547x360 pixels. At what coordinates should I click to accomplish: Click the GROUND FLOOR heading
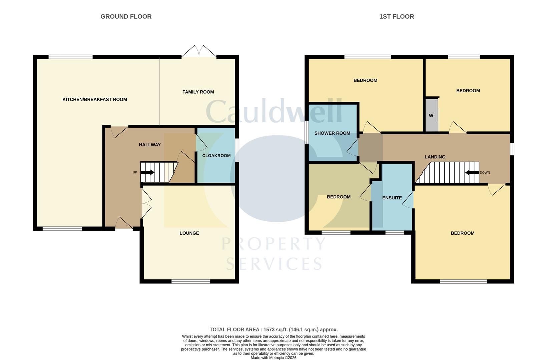[x=126, y=17]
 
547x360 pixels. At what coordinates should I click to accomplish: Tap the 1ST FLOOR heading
[x=397, y=17]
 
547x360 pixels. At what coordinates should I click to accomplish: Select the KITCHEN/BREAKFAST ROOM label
[x=95, y=100]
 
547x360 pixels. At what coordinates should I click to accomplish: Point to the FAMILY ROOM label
[x=198, y=92]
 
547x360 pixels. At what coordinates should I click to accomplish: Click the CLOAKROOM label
[x=216, y=156]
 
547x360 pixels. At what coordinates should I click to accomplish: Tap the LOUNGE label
[x=189, y=233]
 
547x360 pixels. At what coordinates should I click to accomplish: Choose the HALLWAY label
[x=150, y=145]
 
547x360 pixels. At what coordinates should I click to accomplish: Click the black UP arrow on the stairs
[x=147, y=172]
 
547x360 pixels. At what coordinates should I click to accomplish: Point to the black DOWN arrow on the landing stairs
[x=472, y=173]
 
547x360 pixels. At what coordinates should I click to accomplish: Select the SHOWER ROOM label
[x=332, y=133]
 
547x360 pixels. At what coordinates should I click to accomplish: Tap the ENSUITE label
[x=392, y=198]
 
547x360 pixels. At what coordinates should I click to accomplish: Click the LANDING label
[x=435, y=157]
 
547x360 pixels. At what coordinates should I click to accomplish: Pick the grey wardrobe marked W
[x=432, y=115]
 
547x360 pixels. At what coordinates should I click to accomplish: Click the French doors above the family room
[x=199, y=51]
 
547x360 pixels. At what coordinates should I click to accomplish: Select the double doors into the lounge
[x=146, y=204]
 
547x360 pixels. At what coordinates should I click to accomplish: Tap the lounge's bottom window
[x=191, y=281]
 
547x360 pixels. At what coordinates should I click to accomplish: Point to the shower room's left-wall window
[x=307, y=132]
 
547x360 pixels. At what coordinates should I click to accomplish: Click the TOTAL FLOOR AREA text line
[x=273, y=330]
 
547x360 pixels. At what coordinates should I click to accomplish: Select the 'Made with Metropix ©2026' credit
[x=273, y=358]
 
